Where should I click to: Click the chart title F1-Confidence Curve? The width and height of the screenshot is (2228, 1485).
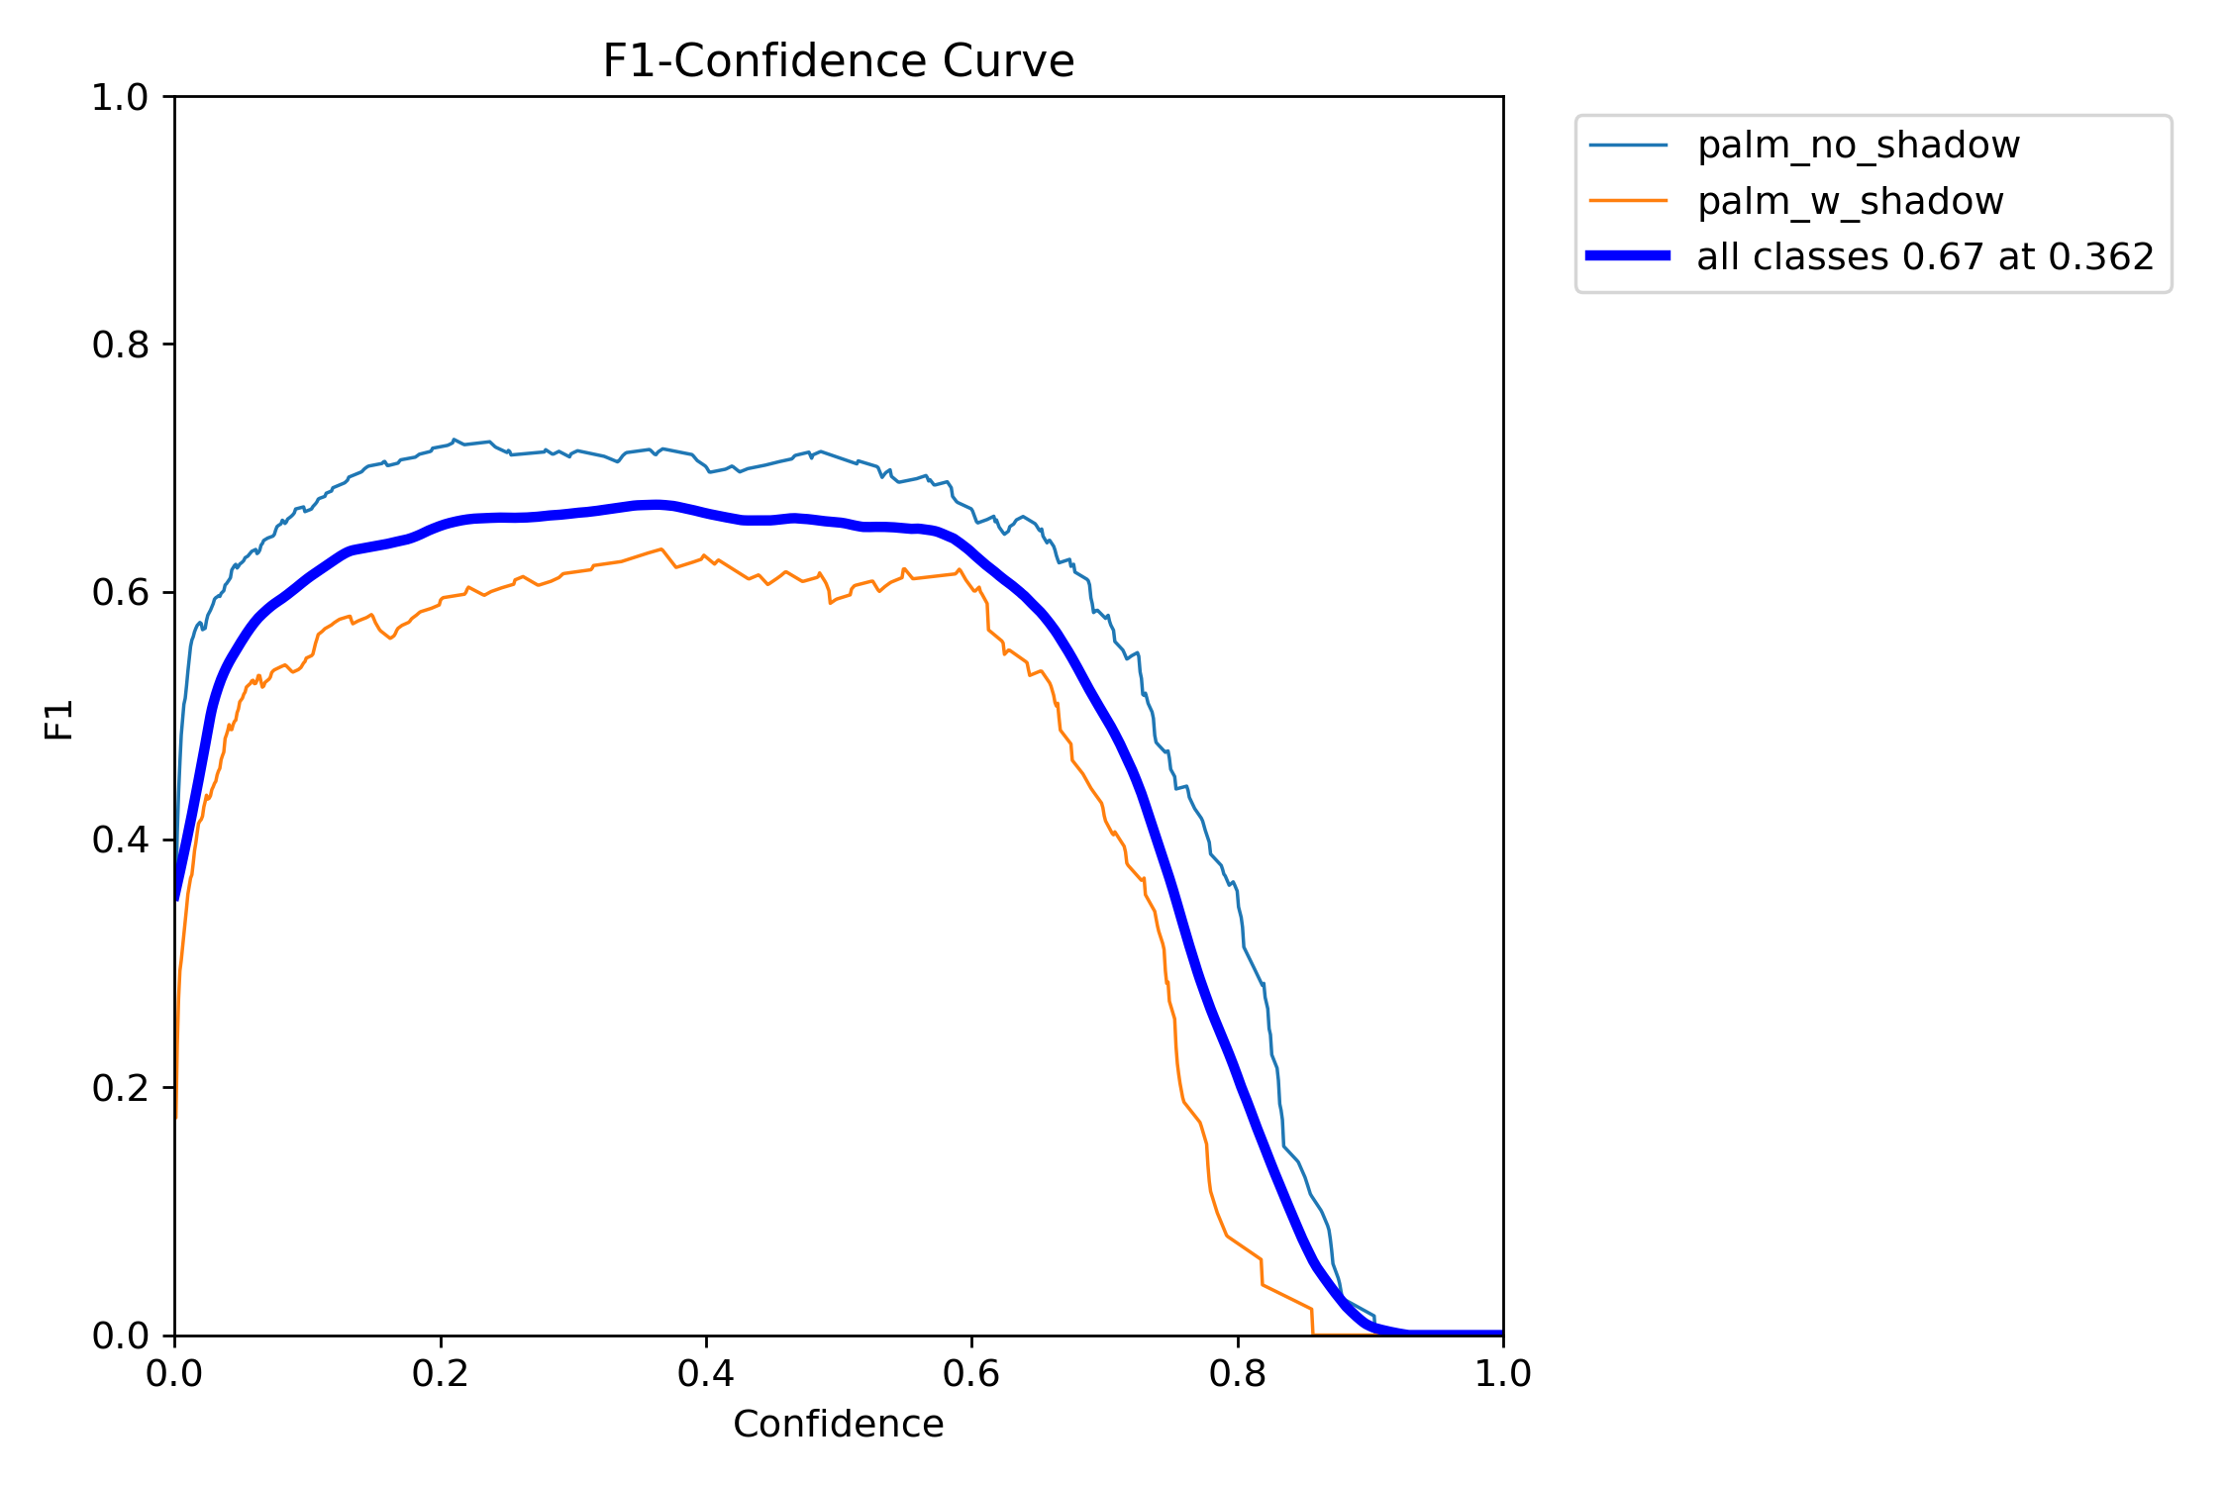838,61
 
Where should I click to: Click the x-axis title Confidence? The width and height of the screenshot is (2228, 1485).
838,1424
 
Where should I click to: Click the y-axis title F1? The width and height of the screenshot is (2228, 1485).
59,720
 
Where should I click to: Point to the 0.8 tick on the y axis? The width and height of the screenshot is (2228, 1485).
120,345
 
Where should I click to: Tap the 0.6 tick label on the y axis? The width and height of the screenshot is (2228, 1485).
120,592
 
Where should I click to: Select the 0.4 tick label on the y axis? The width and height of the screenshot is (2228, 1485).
120,840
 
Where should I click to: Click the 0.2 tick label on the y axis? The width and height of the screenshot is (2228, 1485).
120,1088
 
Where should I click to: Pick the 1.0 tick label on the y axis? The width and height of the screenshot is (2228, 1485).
120,97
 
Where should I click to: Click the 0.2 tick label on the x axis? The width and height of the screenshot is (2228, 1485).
441,1374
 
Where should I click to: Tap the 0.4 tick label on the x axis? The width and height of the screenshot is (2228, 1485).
706,1374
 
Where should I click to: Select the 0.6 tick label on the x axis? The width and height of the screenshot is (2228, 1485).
971,1374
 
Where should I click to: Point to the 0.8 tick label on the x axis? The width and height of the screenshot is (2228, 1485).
1238,1374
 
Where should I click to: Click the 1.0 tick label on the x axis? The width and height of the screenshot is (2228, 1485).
1503,1374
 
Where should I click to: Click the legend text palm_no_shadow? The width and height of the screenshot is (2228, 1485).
1858,146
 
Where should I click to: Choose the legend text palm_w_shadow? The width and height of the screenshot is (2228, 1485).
1850,201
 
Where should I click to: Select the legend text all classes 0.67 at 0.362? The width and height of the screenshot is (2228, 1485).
1925,256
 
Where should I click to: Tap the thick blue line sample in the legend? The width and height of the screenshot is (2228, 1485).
1628,256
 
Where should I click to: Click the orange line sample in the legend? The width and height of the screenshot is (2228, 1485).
1628,201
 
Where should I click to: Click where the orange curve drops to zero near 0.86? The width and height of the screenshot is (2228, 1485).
1313,1333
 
